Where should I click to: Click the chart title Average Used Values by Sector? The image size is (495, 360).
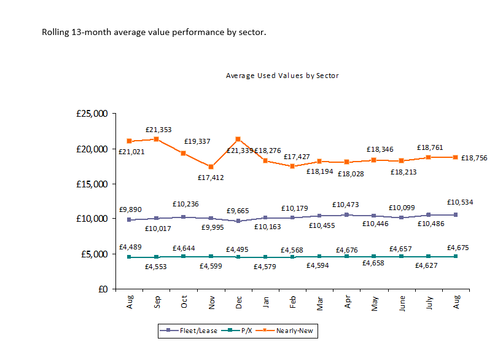point(282,76)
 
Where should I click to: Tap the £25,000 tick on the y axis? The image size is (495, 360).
point(93,114)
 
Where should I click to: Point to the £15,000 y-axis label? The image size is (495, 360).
point(93,184)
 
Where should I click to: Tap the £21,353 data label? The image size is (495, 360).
point(158,130)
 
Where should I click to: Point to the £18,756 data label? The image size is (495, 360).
point(474,158)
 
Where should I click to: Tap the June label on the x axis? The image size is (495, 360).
point(402,303)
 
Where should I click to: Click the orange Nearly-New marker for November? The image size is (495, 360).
point(211,166)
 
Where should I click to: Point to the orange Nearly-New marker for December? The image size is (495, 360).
point(238,139)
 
